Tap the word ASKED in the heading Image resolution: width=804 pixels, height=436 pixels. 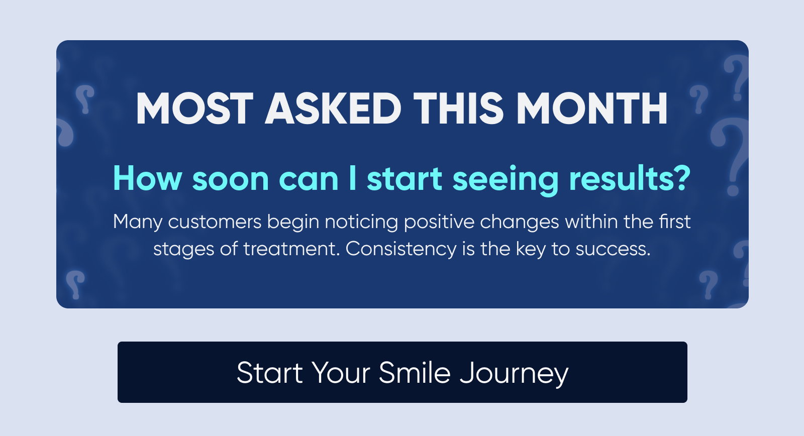[333, 108]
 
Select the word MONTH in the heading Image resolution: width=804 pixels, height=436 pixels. [592, 108]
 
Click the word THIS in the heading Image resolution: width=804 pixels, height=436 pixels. [458, 108]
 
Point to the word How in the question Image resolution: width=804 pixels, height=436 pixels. [148, 178]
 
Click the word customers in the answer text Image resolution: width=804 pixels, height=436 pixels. [215, 222]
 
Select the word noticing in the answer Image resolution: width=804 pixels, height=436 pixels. [361, 223]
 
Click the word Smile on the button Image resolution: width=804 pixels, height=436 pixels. [415, 373]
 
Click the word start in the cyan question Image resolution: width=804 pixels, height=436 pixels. [404, 179]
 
